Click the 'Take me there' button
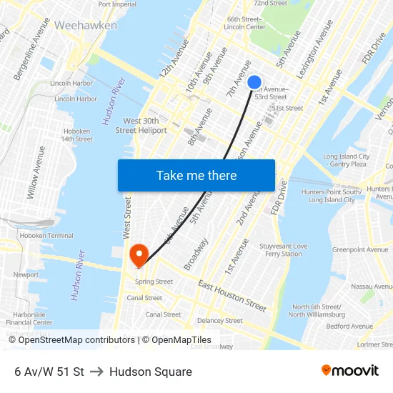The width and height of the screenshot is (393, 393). (196, 175)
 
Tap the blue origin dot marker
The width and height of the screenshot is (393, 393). (254, 82)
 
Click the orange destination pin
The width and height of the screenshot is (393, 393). (137, 254)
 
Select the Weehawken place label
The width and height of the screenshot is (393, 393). (85, 25)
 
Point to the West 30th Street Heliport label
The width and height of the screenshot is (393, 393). (141, 126)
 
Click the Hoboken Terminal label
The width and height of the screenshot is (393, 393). (46, 235)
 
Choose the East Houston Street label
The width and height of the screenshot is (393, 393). (232, 295)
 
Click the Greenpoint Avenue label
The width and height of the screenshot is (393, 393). (360, 249)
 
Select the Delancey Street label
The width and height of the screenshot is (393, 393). (219, 321)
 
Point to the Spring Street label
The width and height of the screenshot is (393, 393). (154, 282)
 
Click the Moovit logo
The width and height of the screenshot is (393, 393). (349, 370)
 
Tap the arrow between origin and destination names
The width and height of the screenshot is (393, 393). (96, 372)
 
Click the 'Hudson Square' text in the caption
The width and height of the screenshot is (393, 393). (151, 372)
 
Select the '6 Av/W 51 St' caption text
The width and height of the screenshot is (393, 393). (49, 372)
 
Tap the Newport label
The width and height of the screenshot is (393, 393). (26, 274)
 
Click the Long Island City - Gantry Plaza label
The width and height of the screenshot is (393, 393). (346, 160)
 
